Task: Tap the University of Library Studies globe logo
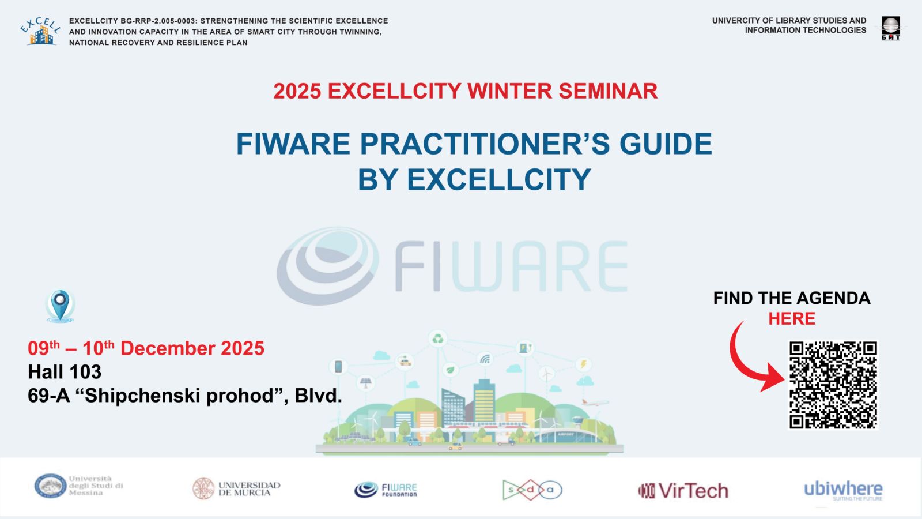890,28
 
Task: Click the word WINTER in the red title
509,91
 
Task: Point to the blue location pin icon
60,305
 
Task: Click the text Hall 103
65,372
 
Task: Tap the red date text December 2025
192,348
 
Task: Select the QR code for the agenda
833,385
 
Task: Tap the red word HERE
791,319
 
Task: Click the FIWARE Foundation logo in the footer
386,490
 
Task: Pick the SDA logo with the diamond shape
531,490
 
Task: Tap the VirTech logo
683,491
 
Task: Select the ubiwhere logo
842,490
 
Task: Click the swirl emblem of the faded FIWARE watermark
327,265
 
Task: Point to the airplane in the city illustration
594,403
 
